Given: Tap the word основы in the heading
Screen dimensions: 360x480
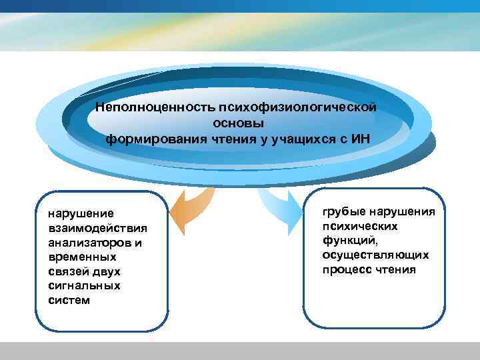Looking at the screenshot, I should [x=238, y=123].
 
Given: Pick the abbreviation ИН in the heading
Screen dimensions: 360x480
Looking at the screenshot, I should [x=359, y=139].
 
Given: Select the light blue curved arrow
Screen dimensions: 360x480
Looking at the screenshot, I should [x=280, y=207].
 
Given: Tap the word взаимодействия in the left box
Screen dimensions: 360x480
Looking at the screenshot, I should [x=97, y=228].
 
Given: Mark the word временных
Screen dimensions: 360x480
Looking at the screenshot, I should [x=82, y=257].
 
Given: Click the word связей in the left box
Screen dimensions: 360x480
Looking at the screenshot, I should [x=69, y=271].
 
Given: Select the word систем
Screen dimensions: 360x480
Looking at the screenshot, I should [x=69, y=300].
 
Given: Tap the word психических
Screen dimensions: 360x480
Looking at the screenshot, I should [x=360, y=227].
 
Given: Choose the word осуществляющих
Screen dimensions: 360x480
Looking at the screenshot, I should [x=375, y=255].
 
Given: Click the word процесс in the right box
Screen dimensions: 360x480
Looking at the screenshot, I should [x=346, y=270].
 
